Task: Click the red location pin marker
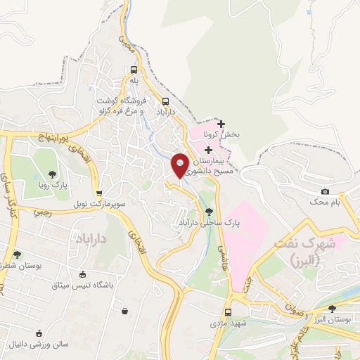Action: tap(181, 165)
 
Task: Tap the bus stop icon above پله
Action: tap(134, 70)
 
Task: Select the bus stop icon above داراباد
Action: tap(165, 101)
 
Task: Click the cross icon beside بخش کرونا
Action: tap(221, 124)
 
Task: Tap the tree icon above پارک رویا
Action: tap(52, 174)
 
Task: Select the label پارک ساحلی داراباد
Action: tap(208, 226)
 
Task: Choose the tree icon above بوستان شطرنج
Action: tap(17, 255)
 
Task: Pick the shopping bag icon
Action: tap(124, 311)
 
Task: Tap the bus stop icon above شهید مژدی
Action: tap(228, 313)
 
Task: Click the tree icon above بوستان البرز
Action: tap(333, 308)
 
